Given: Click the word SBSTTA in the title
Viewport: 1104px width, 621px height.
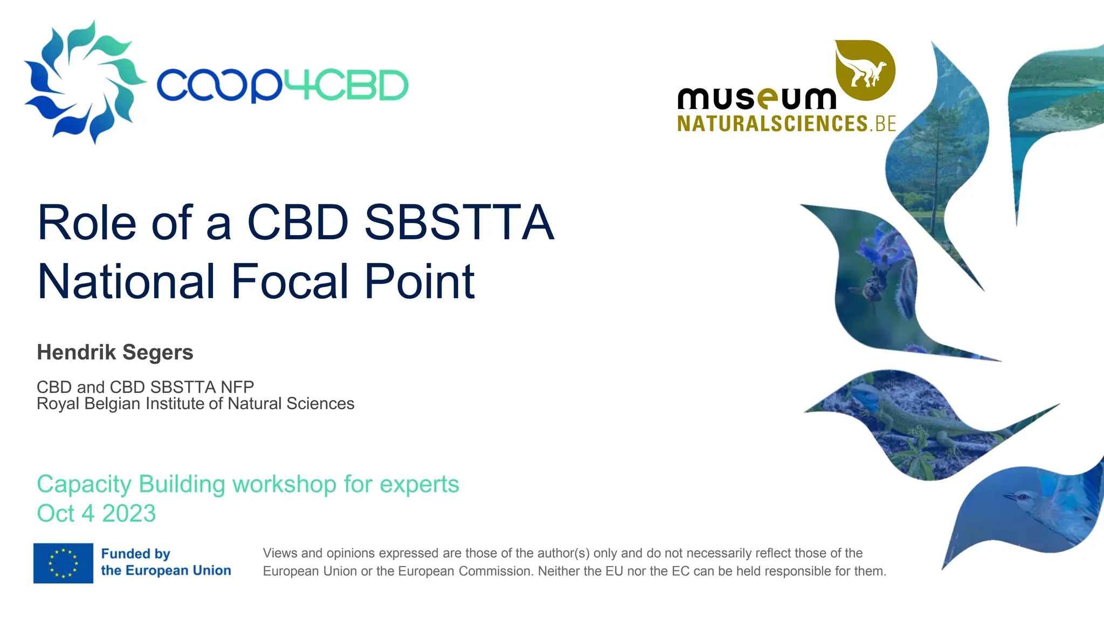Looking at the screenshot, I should (x=459, y=222).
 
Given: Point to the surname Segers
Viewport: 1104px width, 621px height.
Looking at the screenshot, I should (x=157, y=352).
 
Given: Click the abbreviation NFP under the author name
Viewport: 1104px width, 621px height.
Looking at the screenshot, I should (x=237, y=387).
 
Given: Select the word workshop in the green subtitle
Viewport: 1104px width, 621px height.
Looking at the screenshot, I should (x=284, y=484).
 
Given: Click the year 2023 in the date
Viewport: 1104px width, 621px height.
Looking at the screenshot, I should (x=129, y=513).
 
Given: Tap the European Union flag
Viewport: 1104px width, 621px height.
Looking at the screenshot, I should (x=63, y=563).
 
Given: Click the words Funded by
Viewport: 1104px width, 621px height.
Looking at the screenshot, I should (x=135, y=554).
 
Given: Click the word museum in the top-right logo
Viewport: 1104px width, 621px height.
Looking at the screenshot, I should (x=756, y=99).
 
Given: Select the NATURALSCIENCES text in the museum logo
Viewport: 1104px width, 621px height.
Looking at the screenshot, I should (x=772, y=124).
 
